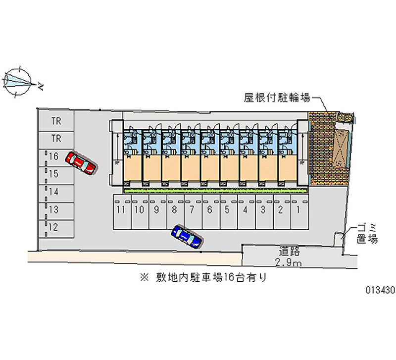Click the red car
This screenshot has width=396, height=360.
pyautogui.click(x=83, y=163)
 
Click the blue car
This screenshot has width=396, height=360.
pyautogui.click(x=187, y=236)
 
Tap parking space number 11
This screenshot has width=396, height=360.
pyautogui.click(x=121, y=209)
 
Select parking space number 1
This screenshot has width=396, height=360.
pyautogui.click(x=298, y=209)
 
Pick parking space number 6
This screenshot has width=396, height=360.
pyautogui.click(x=210, y=209)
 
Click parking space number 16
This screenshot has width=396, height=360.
pyautogui.click(x=54, y=156)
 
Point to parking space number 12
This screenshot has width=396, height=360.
pyautogui.click(x=54, y=227)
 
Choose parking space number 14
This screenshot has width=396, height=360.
pyautogui.click(x=54, y=192)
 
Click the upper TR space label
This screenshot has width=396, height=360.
pyautogui.click(x=56, y=120)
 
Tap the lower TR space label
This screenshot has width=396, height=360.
pyautogui.click(x=56, y=138)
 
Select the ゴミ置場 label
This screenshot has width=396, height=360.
pyautogui.click(x=367, y=234)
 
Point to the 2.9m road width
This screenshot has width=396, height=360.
pyautogui.click(x=290, y=262)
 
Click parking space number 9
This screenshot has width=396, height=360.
pyautogui.click(x=156, y=209)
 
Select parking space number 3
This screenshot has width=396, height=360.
pyautogui.click(x=263, y=209)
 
